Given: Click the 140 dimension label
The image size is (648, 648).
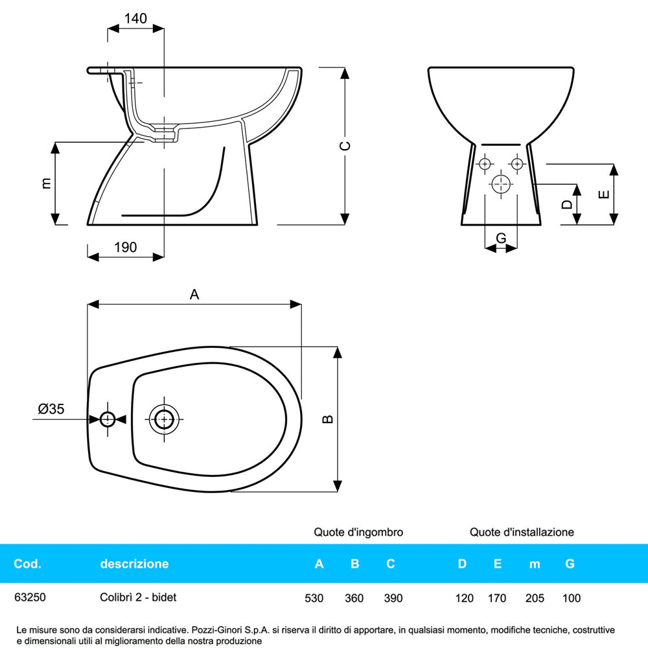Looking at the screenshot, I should tap(135, 19).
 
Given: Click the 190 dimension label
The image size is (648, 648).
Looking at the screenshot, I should tap(125, 247).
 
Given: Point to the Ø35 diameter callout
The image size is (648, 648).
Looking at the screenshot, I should tap(51, 409).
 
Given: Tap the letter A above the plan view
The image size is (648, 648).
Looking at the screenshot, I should tap(194, 295).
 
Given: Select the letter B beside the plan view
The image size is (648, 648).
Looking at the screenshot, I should tap(329, 419).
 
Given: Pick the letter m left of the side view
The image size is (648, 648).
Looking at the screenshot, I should tap(46, 183).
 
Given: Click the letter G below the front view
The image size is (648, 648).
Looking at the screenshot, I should tap(501, 238).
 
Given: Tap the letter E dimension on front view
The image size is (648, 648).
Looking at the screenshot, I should tap(603, 194).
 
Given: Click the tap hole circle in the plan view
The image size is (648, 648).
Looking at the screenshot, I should tap(108, 419).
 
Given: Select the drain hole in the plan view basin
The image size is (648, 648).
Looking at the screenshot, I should tap(164, 419).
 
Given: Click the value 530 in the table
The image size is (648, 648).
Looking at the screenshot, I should tap(314, 598).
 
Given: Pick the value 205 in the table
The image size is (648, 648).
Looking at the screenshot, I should tap(535, 598).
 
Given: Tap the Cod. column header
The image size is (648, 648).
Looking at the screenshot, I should tap(27, 564).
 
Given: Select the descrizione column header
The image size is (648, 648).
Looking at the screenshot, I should tap(134, 564).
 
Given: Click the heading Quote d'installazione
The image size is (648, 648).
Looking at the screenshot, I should tap(522, 532).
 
